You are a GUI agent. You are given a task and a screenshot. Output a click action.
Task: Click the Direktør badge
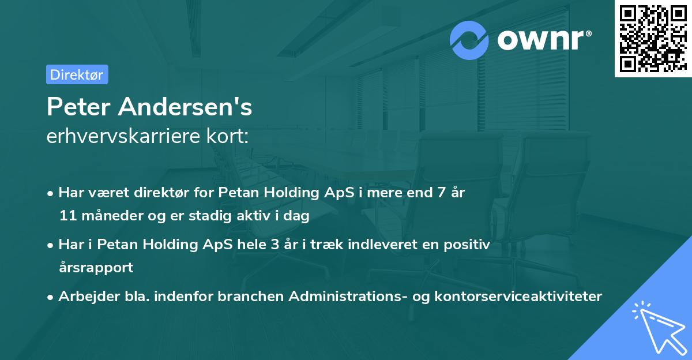(77, 74)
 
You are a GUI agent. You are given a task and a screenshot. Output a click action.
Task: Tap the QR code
(650, 38)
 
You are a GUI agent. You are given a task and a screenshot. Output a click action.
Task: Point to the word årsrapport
(96, 268)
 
